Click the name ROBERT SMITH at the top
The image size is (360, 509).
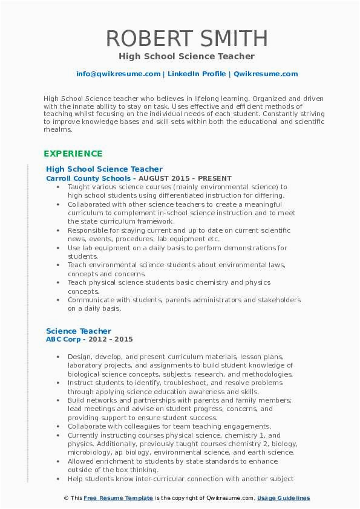pyautogui.click(x=186, y=39)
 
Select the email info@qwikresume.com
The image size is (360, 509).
pyautogui.click(x=118, y=74)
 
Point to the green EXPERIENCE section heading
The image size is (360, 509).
pyautogui.click(x=73, y=154)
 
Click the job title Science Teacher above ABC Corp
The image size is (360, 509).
pyautogui.click(x=79, y=331)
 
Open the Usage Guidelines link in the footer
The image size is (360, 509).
pyautogui.click(x=283, y=498)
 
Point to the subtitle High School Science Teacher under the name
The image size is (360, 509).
pyautogui.click(x=186, y=56)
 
